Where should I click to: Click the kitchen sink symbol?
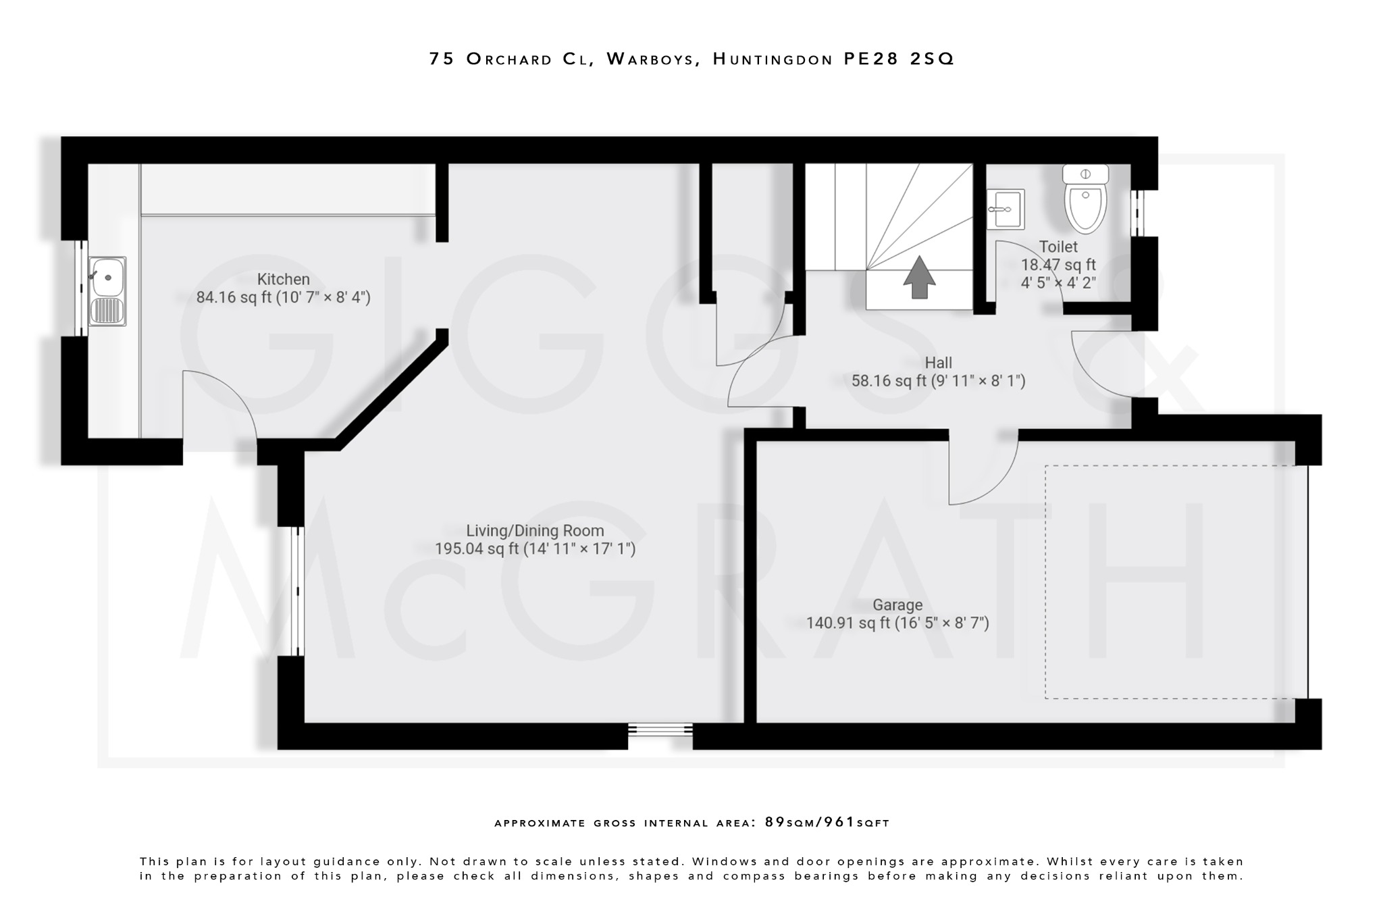point(107,291)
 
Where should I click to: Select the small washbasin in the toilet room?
point(1006,209)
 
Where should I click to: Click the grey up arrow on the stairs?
point(919,277)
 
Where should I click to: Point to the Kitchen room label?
point(283,279)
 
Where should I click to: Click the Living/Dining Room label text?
point(535,531)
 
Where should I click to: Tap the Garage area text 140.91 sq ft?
point(848,623)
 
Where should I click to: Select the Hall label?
point(938,363)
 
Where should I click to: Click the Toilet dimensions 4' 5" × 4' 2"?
point(1058,282)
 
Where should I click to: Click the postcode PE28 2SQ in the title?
point(899,59)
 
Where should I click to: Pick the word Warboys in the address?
point(650,59)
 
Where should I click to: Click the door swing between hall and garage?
point(979,473)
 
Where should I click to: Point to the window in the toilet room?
point(1139,212)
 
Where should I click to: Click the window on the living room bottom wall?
point(660,729)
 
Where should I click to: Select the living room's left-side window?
point(297,591)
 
